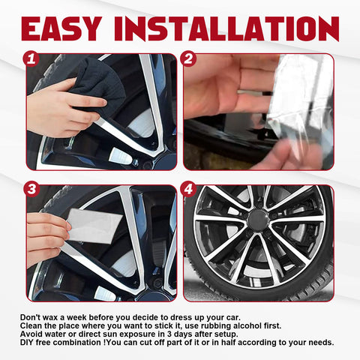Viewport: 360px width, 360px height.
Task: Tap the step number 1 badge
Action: [31, 56]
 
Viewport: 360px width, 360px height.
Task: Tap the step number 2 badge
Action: [189, 56]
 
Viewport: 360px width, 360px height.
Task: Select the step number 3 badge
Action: [31, 189]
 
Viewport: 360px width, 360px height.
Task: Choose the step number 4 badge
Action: [189, 189]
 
